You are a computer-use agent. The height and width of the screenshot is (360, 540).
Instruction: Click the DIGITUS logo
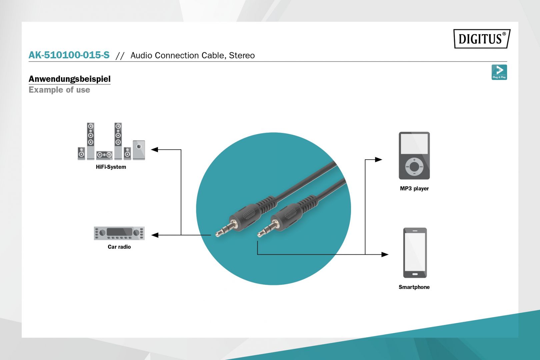pyautogui.click(x=482, y=39)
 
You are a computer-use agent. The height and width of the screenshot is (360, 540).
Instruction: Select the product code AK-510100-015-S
pyautogui.click(x=69, y=55)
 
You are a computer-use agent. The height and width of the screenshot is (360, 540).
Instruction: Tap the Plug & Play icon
pyautogui.click(x=499, y=72)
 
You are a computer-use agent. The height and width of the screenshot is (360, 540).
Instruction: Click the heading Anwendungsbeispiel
pyautogui.click(x=69, y=79)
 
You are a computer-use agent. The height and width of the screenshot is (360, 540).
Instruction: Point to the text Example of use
pyautogui.click(x=59, y=90)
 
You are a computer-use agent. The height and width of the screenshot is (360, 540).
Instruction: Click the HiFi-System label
pyautogui.click(x=111, y=167)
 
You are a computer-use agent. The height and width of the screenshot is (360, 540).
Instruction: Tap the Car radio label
pyautogui.click(x=119, y=247)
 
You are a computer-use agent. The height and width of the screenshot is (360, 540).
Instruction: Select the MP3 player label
pyautogui.click(x=414, y=189)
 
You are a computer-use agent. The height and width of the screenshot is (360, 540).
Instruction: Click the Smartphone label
pyautogui.click(x=414, y=287)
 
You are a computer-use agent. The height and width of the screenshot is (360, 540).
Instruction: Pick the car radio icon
pyautogui.click(x=119, y=233)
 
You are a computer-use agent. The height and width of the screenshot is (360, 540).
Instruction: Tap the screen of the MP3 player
pyautogui.click(x=414, y=144)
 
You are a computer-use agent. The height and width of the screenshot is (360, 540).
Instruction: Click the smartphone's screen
pyautogui.click(x=415, y=252)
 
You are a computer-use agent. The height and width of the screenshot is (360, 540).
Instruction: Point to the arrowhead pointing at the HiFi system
pyautogui.click(x=154, y=150)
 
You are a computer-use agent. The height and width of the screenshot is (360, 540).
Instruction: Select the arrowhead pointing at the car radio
pyautogui.click(x=155, y=235)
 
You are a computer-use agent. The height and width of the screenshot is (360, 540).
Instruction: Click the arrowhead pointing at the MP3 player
pyautogui.click(x=378, y=160)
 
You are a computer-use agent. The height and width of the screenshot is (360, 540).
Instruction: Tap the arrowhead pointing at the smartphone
pyautogui.click(x=385, y=255)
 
